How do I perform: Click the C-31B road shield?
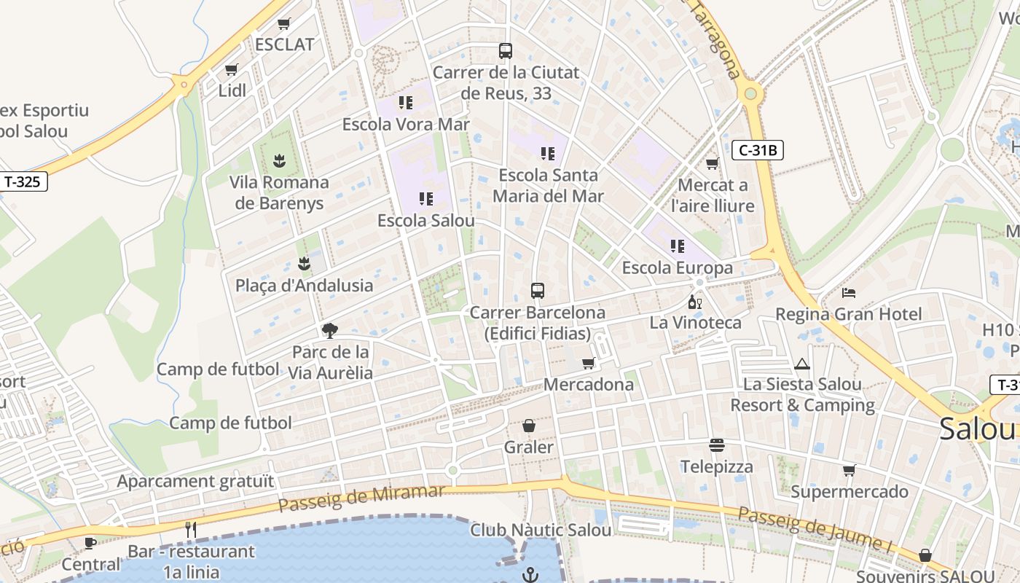pyautogui.click(x=758, y=150)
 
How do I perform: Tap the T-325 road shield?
pyautogui.click(x=23, y=181)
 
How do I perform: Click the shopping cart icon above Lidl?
pyautogui.click(x=232, y=70)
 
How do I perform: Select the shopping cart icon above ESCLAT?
pyautogui.click(x=284, y=23)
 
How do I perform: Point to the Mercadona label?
pyautogui.click(x=589, y=385)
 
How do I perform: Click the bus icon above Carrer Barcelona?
pyautogui.click(x=537, y=291)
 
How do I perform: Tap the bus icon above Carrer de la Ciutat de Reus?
pyautogui.click(x=505, y=51)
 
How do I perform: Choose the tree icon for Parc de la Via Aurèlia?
pyautogui.click(x=330, y=331)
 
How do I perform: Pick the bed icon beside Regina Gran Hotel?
pyautogui.click(x=849, y=293)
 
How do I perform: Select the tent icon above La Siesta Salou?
pyautogui.click(x=802, y=364)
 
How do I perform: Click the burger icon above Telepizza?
pyautogui.click(x=717, y=445)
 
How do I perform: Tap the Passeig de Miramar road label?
pyautogui.click(x=361, y=498)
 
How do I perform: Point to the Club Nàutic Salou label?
pyautogui.click(x=541, y=530)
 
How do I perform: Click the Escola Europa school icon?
pyautogui.click(x=678, y=246)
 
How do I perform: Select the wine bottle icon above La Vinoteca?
pyautogui.click(x=694, y=302)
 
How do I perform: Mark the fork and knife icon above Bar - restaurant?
pyautogui.click(x=191, y=530)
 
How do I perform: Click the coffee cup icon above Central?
pyautogui.click(x=90, y=543)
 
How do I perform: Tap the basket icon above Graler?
pyautogui.click(x=529, y=426)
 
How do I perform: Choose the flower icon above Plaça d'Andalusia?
pyautogui.click(x=304, y=263)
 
